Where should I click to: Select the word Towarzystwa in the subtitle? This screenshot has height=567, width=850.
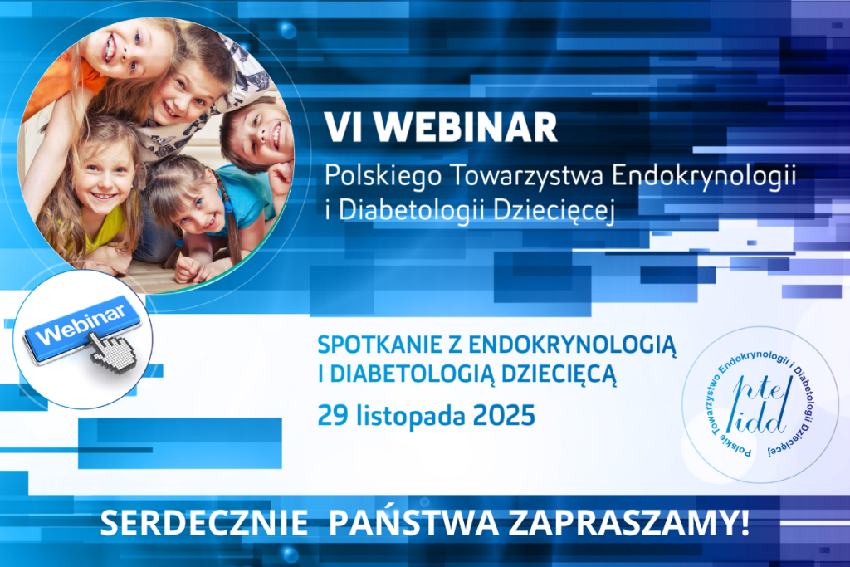tap(527, 176)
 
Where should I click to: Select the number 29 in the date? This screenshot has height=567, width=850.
tap(333, 416)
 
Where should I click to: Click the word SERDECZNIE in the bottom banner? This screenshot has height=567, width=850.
tap(204, 524)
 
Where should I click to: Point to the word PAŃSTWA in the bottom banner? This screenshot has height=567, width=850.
tap(413, 522)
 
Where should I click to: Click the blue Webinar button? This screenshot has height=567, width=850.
tap(81, 327)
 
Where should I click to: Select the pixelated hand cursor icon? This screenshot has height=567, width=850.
tap(113, 351)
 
